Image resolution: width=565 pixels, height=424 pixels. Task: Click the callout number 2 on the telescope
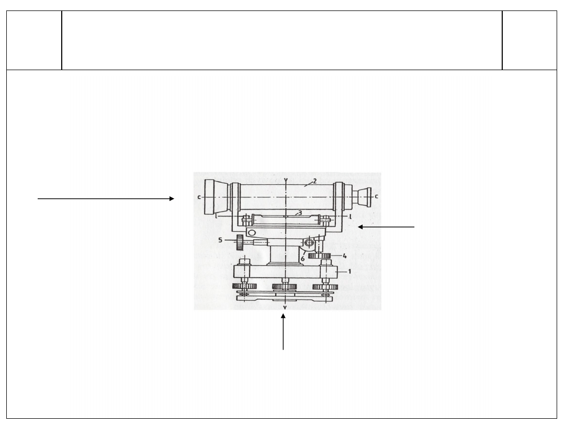(x=314, y=181)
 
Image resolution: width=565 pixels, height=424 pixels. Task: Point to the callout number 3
(x=300, y=213)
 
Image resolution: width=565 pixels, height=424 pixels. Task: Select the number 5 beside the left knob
(x=220, y=240)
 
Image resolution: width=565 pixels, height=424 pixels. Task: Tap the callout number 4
(x=344, y=255)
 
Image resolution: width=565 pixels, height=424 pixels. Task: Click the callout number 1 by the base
(x=349, y=271)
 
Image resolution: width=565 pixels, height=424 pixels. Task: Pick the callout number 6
(x=303, y=259)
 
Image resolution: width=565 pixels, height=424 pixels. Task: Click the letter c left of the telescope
(x=199, y=197)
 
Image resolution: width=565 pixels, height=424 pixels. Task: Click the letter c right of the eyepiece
(x=377, y=196)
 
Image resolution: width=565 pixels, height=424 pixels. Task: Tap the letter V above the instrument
(x=286, y=180)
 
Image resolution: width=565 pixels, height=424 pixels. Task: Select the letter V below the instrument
(x=285, y=308)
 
